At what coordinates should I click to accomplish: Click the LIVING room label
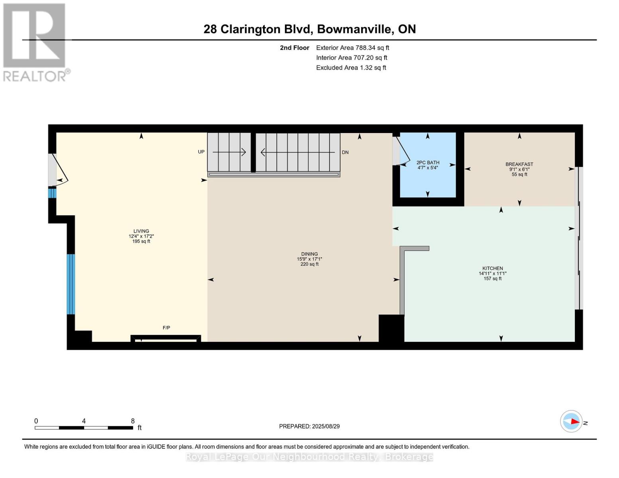click(x=141, y=231)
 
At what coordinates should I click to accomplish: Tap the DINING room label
click(x=309, y=254)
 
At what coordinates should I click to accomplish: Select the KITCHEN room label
click(x=493, y=268)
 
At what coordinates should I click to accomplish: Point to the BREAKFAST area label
click(x=519, y=164)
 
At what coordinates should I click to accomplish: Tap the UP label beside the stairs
click(x=201, y=152)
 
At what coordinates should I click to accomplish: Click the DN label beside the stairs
click(x=345, y=153)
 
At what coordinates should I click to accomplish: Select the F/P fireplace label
click(x=166, y=328)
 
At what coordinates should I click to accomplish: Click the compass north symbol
click(x=572, y=421)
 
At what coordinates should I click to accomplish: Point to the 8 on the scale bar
click(x=133, y=421)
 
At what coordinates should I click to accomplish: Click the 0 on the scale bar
click(x=36, y=421)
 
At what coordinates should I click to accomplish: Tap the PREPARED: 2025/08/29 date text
click(x=309, y=426)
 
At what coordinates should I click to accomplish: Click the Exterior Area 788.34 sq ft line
click(x=352, y=48)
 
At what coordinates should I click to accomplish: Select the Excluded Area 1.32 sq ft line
click(x=351, y=68)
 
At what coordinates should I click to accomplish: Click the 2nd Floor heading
click(x=295, y=48)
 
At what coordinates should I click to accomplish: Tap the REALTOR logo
click(x=35, y=42)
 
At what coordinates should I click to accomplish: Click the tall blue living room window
click(x=71, y=284)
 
